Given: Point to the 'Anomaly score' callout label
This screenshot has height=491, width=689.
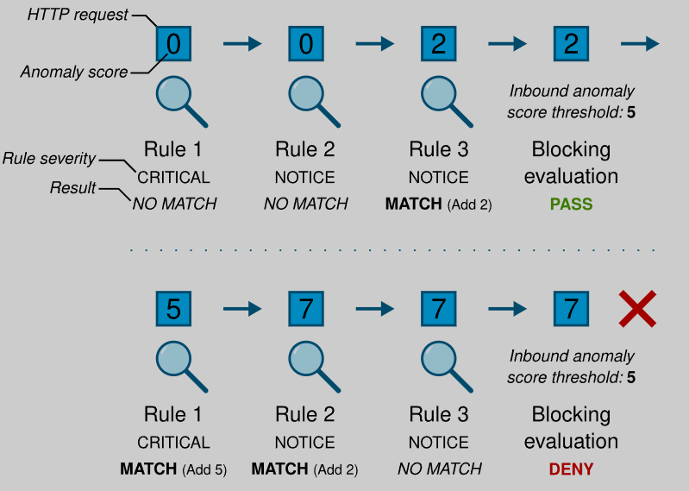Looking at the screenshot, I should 74,72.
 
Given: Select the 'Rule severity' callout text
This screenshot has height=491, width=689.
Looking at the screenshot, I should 48,159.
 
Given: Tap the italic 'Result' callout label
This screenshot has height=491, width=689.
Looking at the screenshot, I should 73,187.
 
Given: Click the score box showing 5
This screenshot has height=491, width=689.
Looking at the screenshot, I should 173,308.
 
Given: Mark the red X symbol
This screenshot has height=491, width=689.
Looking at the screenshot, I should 638,308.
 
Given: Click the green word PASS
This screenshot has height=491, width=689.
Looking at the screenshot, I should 571,205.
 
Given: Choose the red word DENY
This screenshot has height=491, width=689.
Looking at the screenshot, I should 571,470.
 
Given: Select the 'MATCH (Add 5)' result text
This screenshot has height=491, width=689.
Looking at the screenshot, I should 173,470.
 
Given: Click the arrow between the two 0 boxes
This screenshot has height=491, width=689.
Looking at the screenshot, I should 241,43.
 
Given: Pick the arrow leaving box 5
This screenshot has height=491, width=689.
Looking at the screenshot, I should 241,308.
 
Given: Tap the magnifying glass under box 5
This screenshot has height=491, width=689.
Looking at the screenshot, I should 180,363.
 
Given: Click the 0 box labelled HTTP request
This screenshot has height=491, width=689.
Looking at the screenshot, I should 173,43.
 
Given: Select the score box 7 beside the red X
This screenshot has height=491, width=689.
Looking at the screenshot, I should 571,308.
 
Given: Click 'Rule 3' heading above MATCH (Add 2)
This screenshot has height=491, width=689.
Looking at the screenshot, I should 439,149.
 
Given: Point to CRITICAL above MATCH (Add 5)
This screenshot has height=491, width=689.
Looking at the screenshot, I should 173,443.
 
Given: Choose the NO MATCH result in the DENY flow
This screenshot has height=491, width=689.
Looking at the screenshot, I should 439,470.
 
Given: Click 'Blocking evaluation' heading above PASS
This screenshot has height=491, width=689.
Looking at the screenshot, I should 571,163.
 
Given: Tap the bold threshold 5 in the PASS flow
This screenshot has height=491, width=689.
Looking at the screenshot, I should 631,113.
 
